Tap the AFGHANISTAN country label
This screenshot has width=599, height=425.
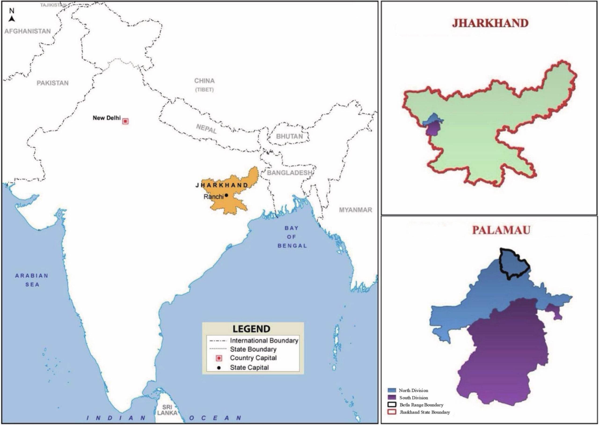(x=28, y=31)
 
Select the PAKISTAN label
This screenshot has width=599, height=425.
(x=52, y=83)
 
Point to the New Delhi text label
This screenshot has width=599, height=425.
(x=107, y=118)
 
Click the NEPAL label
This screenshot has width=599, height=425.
(x=206, y=129)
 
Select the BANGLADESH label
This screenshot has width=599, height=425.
(x=289, y=173)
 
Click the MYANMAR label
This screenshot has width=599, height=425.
(x=355, y=210)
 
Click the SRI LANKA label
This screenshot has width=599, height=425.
(x=167, y=410)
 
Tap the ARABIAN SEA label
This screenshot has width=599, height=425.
(x=32, y=280)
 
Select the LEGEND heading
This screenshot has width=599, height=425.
(x=251, y=329)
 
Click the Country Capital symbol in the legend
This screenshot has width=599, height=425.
(x=219, y=358)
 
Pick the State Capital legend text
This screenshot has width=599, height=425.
(x=249, y=368)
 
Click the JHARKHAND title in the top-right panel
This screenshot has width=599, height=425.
(x=490, y=23)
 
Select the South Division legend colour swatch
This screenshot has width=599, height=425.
(x=391, y=397)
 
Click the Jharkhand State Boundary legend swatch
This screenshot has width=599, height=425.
(x=391, y=412)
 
